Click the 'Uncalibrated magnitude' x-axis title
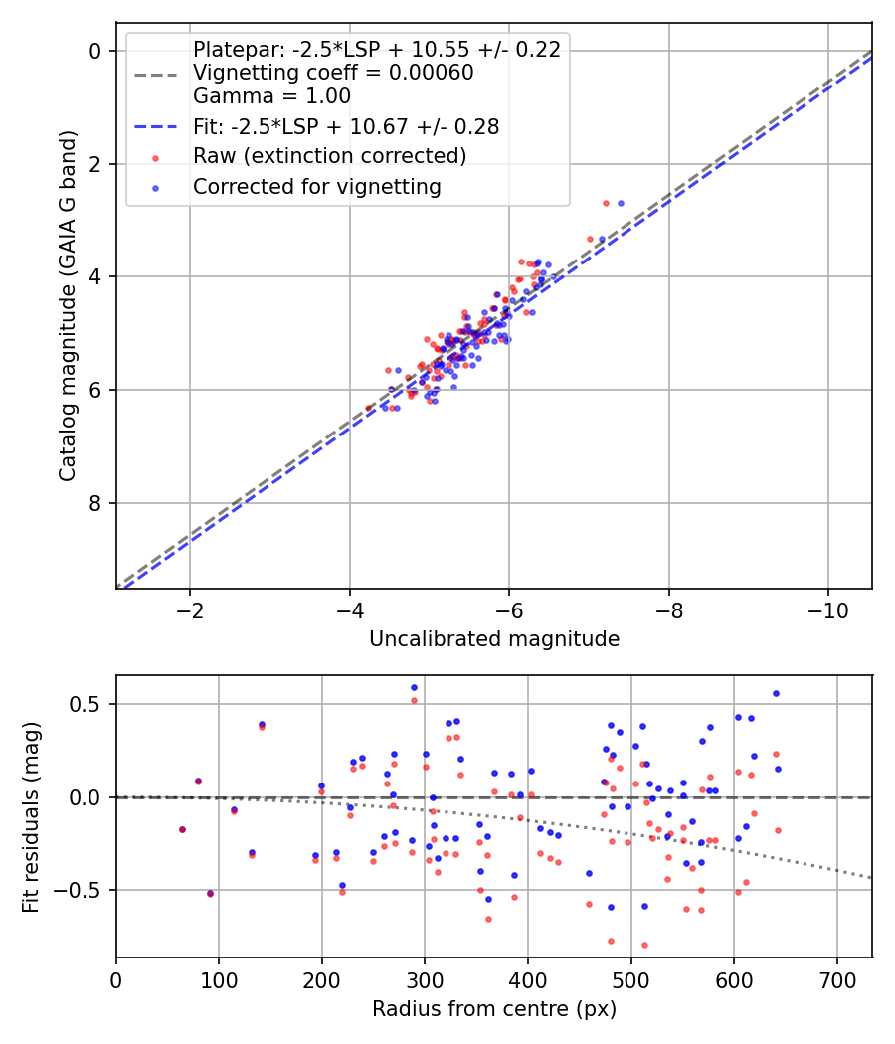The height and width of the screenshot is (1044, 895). click(x=494, y=639)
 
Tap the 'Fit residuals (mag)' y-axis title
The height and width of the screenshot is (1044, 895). click(x=32, y=815)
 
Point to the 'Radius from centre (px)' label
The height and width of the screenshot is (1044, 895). click(x=494, y=1009)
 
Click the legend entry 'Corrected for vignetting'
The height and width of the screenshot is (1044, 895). click(x=316, y=186)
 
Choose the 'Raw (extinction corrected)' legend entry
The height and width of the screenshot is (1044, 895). click(x=329, y=156)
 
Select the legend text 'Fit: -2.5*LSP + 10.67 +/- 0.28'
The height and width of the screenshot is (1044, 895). click(x=345, y=127)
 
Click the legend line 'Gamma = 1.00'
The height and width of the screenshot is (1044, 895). click(x=271, y=97)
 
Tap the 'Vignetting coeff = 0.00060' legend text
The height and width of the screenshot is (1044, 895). click(x=333, y=73)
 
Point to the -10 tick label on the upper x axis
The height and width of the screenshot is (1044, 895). click(x=827, y=609)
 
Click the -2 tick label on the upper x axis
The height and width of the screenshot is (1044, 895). click(x=190, y=609)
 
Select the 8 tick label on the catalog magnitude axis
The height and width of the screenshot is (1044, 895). click(x=96, y=503)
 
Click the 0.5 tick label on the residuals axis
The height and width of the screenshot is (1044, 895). click(x=89, y=704)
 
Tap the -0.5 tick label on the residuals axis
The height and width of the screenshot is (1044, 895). click(x=84, y=891)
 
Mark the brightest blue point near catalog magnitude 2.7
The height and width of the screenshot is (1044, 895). click(x=621, y=203)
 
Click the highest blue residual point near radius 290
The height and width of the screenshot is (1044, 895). click(x=415, y=687)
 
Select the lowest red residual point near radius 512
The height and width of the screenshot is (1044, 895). click(x=644, y=945)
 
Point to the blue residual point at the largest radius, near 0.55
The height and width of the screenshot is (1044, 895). click(x=776, y=693)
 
